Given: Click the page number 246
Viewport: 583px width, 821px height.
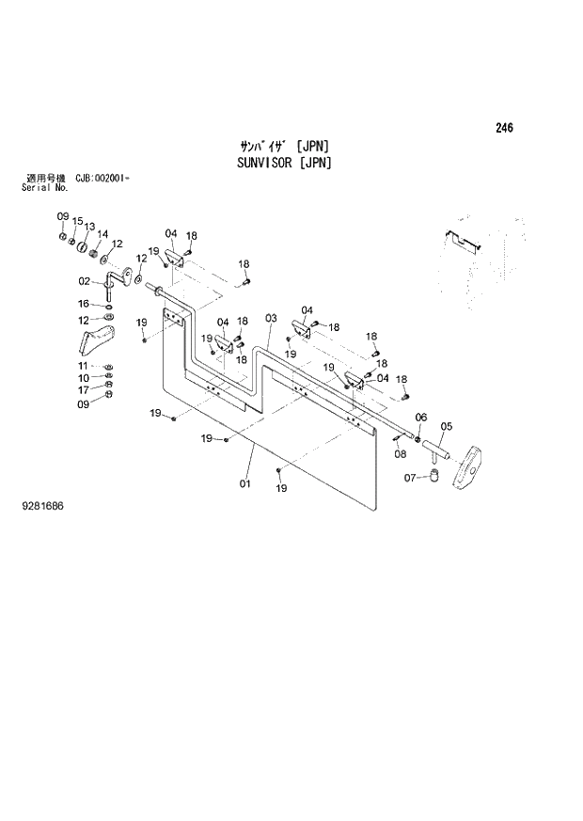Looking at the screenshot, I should pyautogui.click(x=505, y=129).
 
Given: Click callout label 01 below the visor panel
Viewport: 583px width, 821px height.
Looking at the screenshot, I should pyautogui.click(x=246, y=483).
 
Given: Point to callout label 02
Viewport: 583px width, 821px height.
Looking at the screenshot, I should pyautogui.click(x=84, y=281).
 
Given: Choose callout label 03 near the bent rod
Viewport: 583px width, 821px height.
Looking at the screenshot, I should pyautogui.click(x=271, y=319).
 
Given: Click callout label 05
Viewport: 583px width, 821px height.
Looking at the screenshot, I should pyautogui.click(x=446, y=426).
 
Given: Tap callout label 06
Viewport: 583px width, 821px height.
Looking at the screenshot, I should pyautogui.click(x=420, y=418).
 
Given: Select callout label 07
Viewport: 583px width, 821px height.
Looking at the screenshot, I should pyautogui.click(x=410, y=478).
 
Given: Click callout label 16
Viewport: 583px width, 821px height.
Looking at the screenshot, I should pyautogui.click(x=84, y=304).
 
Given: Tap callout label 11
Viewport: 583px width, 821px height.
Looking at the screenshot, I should pyautogui.click(x=83, y=366).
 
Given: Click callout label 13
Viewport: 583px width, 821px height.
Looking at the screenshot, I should pyautogui.click(x=89, y=227).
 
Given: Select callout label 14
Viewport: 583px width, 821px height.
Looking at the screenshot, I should pyautogui.click(x=102, y=234).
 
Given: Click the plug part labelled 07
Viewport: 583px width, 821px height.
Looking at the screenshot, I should pyautogui.click(x=435, y=479).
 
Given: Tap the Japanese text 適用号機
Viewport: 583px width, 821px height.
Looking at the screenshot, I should pyautogui.click(x=42, y=178).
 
